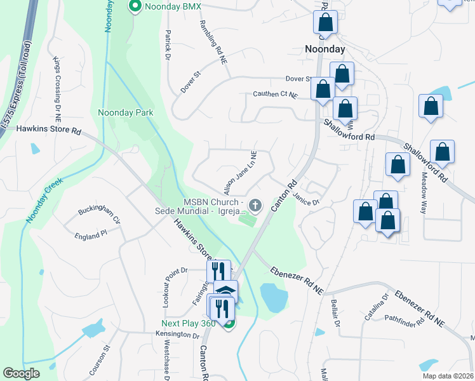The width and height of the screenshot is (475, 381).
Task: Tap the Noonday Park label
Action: point(126,112)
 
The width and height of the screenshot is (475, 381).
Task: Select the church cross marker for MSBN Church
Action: point(255,205)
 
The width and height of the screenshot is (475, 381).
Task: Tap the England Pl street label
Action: point(90,236)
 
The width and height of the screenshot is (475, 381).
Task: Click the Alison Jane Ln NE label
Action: point(239,173)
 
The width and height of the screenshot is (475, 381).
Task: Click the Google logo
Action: point(21,373)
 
